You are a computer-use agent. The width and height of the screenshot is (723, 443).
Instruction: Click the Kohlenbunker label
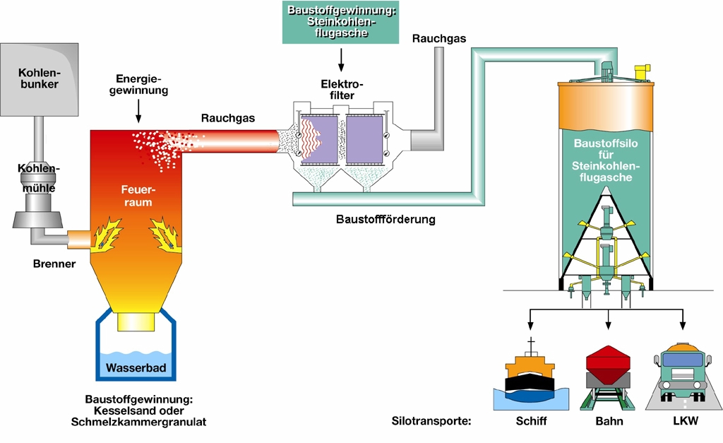click(x=39, y=78)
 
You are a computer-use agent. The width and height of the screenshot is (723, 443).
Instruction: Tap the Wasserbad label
click(x=134, y=367)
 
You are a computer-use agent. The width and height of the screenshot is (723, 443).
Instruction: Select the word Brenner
click(x=54, y=264)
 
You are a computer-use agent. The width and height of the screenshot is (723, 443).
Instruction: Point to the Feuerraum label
click(x=138, y=195)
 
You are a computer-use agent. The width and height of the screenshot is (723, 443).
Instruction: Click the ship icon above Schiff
click(x=529, y=378)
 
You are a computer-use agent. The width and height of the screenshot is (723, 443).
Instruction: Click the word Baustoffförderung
click(x=386, y=219)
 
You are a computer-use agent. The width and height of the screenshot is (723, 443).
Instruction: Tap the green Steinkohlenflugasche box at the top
click(x=341, y=22)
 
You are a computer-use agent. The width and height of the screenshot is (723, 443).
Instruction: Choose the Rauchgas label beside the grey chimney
click(x=439, y=38)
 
